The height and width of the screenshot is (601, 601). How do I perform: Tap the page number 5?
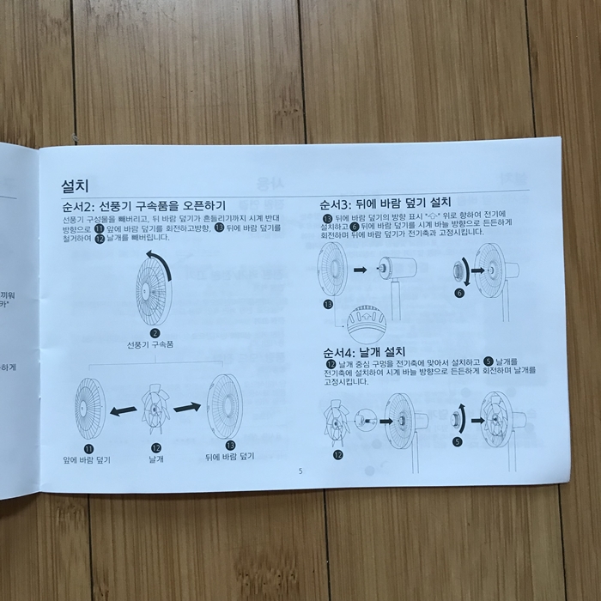pyautogui.click(x=300, y=470)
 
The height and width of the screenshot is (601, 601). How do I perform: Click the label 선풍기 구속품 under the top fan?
pyautogui.click(x=155, y=345)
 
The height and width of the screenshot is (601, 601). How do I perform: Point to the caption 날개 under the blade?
pyautogui.click(x=156, y=460)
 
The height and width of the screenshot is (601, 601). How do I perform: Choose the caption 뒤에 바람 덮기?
pyautogui.click(x=231, y=459)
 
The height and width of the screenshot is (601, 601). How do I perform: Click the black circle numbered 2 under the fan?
pyautogui.click(x=155, y=333)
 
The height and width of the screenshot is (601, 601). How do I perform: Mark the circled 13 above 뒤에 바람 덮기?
pyautogui.click(x=230, y=446)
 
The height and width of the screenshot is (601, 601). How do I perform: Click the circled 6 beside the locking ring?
pyautogui.click(x=459, y=292)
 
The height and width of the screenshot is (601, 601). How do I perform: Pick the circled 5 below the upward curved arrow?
pyautogui.click(x=458, y=441)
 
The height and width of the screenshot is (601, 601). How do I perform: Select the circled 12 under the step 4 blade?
pyautogui.click(x=338, y=455)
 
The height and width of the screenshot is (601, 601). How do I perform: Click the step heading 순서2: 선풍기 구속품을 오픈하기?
pyautogui.click(x=144, y=206)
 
